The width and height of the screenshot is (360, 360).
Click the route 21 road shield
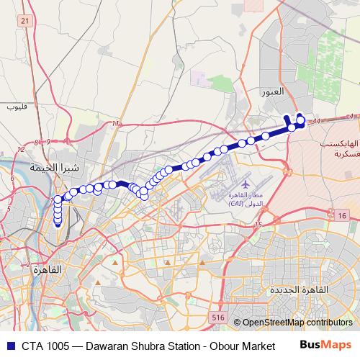click(25, 22)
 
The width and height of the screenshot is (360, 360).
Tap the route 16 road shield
click(342, 215)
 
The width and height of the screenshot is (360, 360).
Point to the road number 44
click(318, 122)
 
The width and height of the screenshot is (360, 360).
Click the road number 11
click(114, 125)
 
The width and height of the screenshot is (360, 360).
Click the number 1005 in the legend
click(60, 346)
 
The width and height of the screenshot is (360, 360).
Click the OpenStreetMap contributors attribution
click(297, 323)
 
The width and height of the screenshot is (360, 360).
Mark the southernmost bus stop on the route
click(58, 222)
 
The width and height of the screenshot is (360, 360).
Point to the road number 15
click(258, 225)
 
